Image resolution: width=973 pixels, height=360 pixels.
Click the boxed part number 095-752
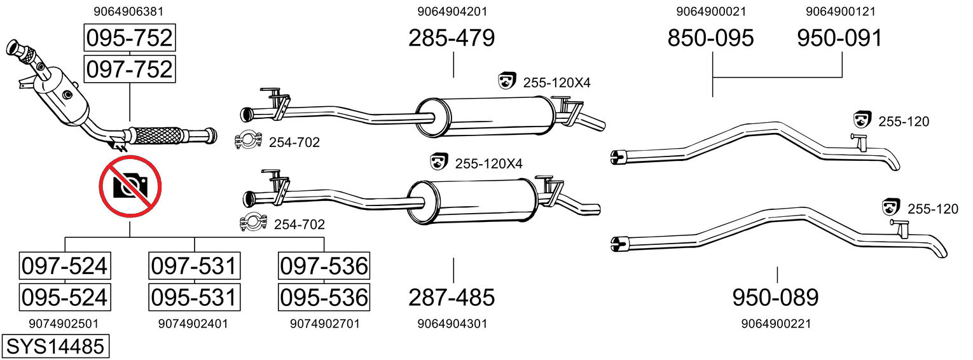(x=129, y=38)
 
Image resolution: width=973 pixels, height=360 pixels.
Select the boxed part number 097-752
(x=129, y=69)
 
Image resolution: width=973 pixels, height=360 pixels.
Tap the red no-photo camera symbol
(x=130, y=186)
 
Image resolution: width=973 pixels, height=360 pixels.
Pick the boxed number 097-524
(x=64, y=266)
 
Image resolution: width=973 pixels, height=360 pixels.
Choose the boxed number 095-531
(x=194, y=296)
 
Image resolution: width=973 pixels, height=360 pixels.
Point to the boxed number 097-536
(x=324, y=266)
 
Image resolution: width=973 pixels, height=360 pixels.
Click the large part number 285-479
(x=452, y=38)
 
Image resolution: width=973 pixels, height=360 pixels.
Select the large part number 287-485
(x=452, y=296)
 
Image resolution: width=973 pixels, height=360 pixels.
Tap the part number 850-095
(x=710, y=38)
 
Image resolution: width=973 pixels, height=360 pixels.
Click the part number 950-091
(x=840, y=38)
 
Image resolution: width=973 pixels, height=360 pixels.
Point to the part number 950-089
(x=775, y=296)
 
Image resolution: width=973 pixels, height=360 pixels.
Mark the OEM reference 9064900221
(x=775, y=324)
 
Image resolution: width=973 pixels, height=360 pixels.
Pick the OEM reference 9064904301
(x=452, y=324)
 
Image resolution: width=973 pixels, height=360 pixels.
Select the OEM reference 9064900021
(x=711, y=11)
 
